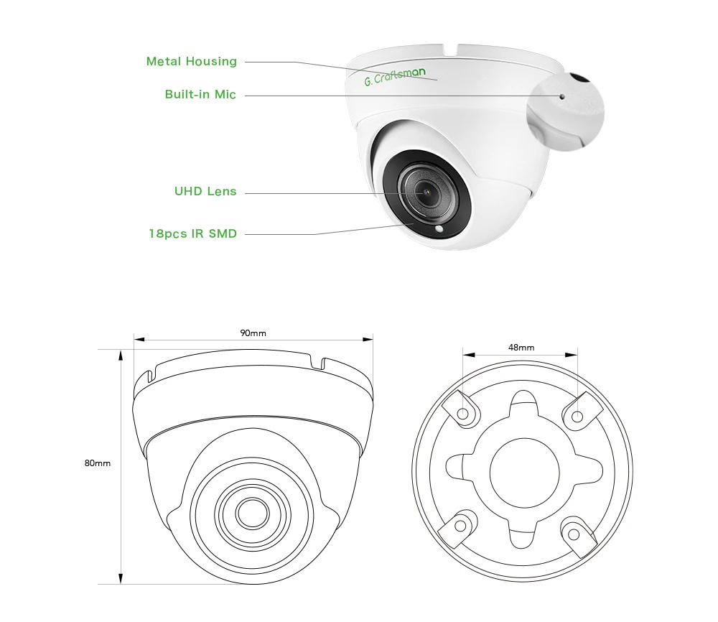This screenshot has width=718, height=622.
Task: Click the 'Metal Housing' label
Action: point(191,62)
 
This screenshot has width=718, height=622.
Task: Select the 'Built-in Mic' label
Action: point(200,95)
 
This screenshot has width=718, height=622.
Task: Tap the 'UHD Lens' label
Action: point(205,192)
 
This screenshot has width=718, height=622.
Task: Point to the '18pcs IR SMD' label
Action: point(192,233)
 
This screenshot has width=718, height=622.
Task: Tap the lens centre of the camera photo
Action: point(421,192)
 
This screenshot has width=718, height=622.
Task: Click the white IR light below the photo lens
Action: point(439,231)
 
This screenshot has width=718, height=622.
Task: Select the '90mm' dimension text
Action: point(253,333)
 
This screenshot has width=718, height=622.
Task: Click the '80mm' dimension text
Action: point(98,463)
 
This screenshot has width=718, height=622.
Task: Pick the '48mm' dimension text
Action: point(521,348)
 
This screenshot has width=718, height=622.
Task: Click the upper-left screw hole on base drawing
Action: point(463,414)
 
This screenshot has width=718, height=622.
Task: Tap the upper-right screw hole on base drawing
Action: point(577,414)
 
